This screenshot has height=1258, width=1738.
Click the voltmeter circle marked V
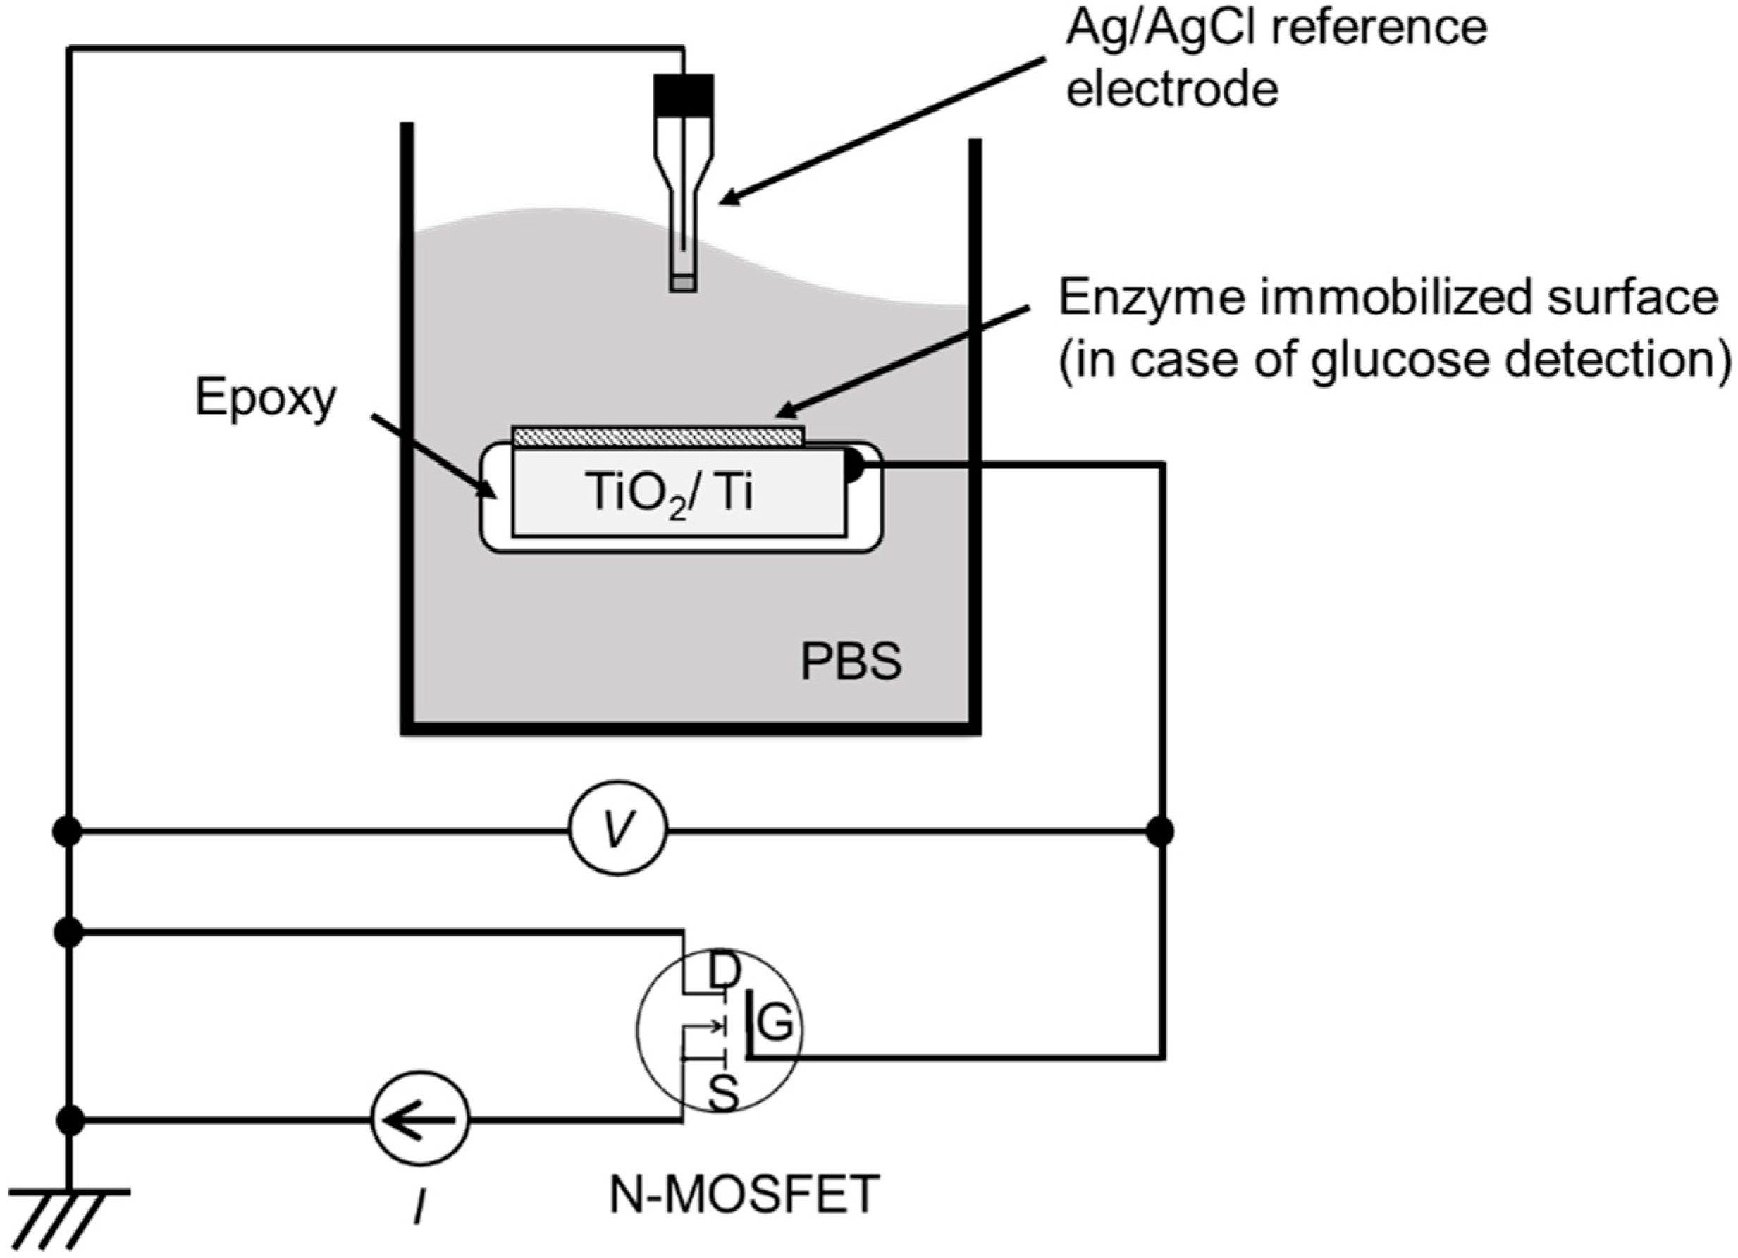(617, 830)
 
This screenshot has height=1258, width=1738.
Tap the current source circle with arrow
(419, 1120)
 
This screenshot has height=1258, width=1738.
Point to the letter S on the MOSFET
(722, 1094)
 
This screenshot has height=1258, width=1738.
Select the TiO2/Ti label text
(669, 493)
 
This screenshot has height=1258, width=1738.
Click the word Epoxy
(265, 398)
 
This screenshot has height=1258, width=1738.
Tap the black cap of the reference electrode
(684, 94)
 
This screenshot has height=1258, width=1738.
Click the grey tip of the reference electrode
(683, 283)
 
